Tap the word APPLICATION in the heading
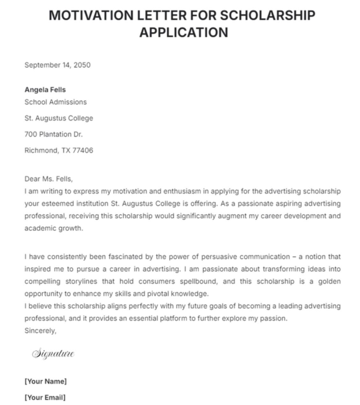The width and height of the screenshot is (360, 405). point(184,33)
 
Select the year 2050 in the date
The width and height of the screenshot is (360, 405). point(82,65)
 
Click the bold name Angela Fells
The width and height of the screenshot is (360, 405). point(45,90)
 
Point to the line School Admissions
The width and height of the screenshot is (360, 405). point(55,102)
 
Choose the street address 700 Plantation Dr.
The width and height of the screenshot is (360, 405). point(54,134)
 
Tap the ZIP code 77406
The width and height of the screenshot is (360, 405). point(83,151)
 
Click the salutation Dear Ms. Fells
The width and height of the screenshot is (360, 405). point(48,179)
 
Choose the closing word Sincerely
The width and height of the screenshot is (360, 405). point(40,331)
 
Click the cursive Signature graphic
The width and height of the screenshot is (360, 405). point(53,353)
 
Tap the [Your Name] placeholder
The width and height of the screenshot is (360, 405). point(46,381)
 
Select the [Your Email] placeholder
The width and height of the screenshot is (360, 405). point(45,397)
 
